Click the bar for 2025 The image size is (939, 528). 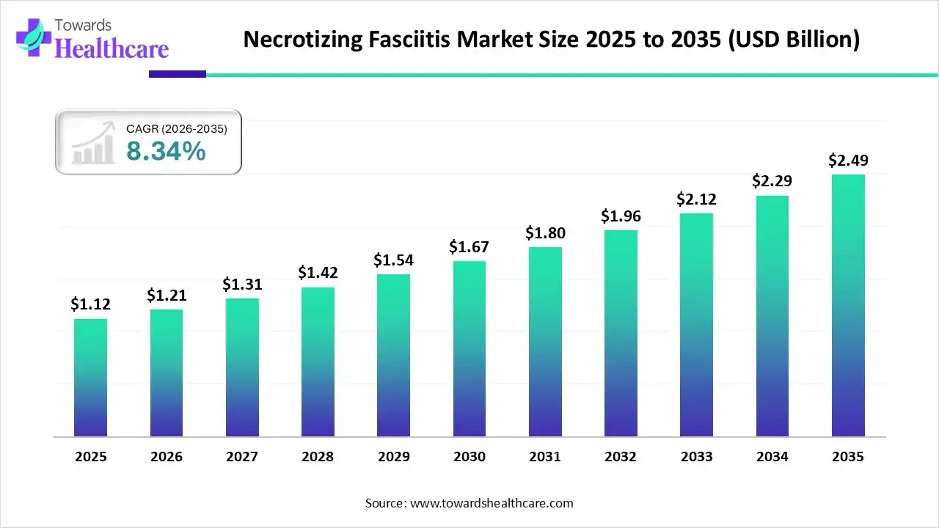click(90, 378)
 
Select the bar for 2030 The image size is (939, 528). click(469, 348)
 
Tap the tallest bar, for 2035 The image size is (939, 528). click(847, 305)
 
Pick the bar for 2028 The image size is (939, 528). click(318, 362)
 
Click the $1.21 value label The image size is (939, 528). click(166, 295)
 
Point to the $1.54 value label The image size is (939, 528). click(393, 260)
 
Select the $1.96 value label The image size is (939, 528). click(621, 216)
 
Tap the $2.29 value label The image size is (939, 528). click(772, 181)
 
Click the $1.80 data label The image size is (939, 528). click(544, 233)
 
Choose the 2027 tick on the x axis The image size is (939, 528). click(242, 457)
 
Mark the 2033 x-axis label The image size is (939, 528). click(696, 457)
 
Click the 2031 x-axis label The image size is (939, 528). click(544, 457)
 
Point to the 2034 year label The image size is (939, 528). click(772, 457)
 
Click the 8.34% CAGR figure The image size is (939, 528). click(166, 151)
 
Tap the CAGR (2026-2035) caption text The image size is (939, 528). click(177, 129)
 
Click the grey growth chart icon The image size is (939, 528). click(93, 143)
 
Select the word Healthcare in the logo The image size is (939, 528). click(112, 48)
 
